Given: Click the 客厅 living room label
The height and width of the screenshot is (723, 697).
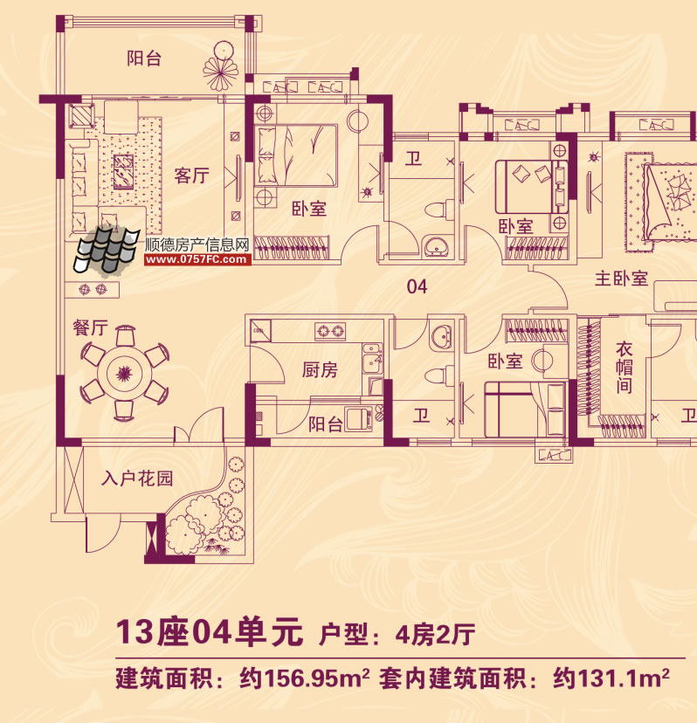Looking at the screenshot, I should [191, 176].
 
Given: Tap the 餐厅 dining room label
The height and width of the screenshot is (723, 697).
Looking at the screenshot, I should [90, 328].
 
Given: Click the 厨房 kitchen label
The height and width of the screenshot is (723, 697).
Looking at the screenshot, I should [320, 370].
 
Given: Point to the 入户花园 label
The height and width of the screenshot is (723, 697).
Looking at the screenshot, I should [136, 479].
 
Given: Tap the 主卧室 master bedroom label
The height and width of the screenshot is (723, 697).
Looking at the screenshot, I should [621, 279].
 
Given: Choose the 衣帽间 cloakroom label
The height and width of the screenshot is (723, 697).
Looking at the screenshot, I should [623, 367].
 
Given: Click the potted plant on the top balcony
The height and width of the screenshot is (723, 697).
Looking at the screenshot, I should [220, 66].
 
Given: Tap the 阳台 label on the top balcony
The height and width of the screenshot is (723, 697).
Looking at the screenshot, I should [144, 59].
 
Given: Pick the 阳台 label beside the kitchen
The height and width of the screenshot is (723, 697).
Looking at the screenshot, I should [325, 424].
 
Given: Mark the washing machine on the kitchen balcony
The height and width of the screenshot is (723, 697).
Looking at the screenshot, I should [358, 420].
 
